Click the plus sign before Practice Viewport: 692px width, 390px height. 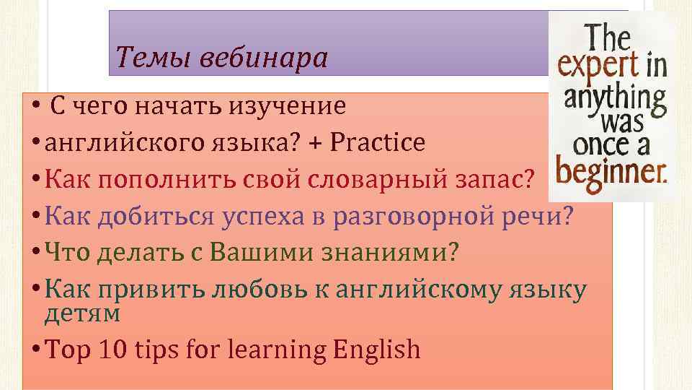[x=315, y=143]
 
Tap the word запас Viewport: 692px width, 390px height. [x=494, y=180]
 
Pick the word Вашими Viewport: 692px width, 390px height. [x=255, y=253]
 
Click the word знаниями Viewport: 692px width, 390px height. [x=388, y=253]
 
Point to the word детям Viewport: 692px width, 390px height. [x=82, y=313]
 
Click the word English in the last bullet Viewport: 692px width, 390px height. [x=377, y=351]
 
